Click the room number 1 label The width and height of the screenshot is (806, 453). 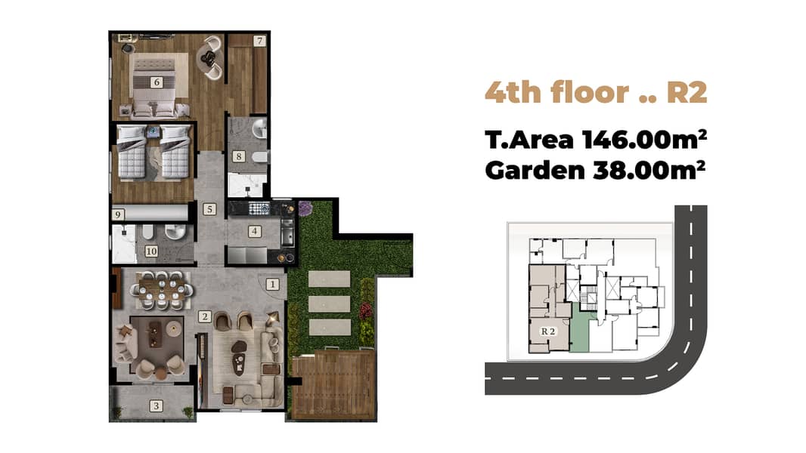click(x=272, y=284)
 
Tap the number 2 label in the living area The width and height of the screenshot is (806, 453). click(x=205, y=316)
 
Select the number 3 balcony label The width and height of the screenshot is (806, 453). click(x=157, y=406)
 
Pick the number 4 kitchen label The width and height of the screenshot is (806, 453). click(x=255, y=231)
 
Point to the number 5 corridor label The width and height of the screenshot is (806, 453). click(x=209, y=209)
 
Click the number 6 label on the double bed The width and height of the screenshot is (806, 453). click(x=157, y=82)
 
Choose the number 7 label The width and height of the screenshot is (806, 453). click(x=259, y=41)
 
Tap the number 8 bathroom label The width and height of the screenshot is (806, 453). click(x=238, y=156)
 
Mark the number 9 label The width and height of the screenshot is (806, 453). click(x=118, y=214)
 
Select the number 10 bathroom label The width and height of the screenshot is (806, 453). click(x=151, y=251)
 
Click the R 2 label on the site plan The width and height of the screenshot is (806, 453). click(x=548, y=331)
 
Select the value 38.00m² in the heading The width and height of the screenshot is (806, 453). click(x=649, y=170)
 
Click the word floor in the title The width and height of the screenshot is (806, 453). click(x=590, y=92)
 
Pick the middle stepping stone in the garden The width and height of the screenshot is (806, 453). click(x=330, y=304)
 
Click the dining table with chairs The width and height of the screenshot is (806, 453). click(x=162, y=291)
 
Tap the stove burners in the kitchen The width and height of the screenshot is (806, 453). click(x=259, y=208)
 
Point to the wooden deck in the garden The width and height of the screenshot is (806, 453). click(x=333, y=384)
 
